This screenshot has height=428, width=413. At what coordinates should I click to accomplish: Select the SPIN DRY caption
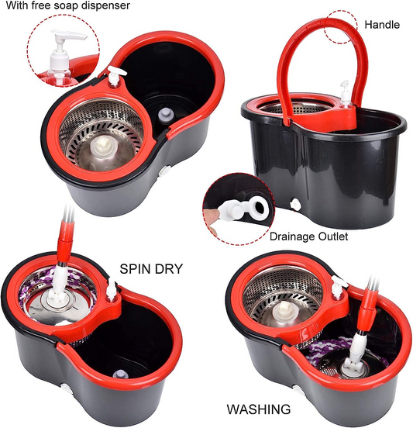point(151,269)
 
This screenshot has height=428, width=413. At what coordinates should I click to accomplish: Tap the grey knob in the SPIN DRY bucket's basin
point(121,377)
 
